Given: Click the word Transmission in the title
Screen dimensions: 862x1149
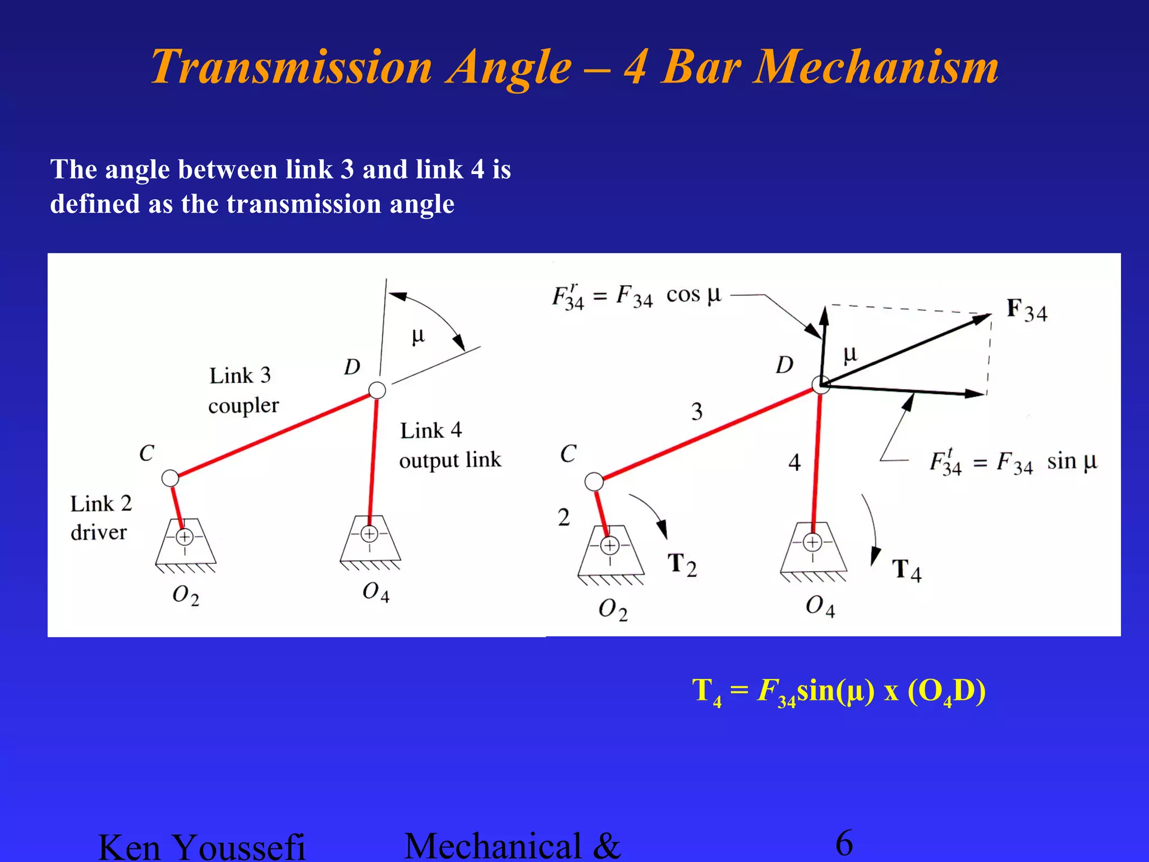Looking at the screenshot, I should tap(291, 67).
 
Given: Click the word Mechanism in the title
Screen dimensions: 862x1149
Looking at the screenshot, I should tap(875, 67).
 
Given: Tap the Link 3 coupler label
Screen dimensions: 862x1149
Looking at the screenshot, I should tap(242, 390).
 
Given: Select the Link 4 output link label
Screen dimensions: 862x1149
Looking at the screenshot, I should tap(449, 445).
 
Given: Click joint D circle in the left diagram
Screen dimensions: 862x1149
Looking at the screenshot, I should tap(377, 390).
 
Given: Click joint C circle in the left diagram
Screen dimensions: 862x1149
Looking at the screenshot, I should tap(170, 478).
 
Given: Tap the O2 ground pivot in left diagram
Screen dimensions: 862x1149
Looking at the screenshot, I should tap(185, 537).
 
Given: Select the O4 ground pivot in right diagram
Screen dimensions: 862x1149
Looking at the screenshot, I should tap(812, 543).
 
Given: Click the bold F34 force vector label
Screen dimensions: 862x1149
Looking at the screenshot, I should tap(1026, 310).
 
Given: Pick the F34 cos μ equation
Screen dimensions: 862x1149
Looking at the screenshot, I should tap(636, 296).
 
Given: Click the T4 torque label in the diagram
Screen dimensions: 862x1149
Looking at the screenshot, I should tap(906, 570).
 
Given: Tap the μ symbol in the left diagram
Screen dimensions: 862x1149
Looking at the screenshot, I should tap(419, 336).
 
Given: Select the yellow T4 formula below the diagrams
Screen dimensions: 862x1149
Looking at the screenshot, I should tap(838, 691).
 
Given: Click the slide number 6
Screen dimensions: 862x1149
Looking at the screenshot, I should tap(844, 843).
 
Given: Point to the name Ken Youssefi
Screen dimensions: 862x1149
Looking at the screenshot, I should tap(201, 846).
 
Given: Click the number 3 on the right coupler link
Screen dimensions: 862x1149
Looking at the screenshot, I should tap(697, 411).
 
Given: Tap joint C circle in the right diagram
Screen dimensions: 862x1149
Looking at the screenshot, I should tap(594, 481).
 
